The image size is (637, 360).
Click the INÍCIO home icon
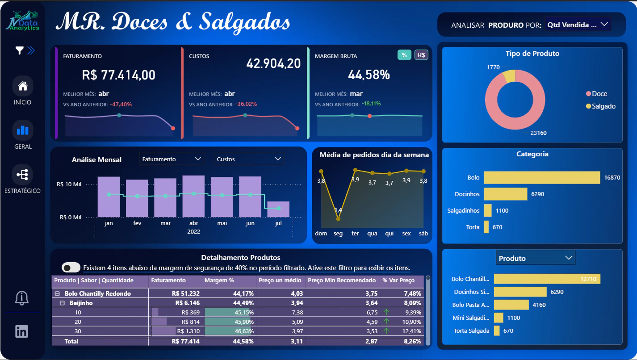pos(23,86)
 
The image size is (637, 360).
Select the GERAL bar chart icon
pos(23,130)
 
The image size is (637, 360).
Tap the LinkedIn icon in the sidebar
pos(21,331)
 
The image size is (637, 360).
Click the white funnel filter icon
pos(19,50)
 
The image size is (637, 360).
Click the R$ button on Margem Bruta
pos(421,55)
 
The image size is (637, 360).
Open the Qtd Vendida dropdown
pos(577,25)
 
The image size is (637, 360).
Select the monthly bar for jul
pos(278,209)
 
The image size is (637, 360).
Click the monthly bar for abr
pos(194,196)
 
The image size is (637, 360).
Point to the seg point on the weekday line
pos(338,219)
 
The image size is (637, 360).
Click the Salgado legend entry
pos(601,106)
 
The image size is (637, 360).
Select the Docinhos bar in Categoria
pos(506,194)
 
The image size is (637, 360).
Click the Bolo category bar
pos(542,177)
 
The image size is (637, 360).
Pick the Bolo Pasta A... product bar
pos(511,305)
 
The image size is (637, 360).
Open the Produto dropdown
pos(536,258)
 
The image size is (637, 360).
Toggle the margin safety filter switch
pos(71,268)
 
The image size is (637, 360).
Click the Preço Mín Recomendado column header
pos(342,280)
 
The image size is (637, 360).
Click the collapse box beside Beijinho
pos(62,303)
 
